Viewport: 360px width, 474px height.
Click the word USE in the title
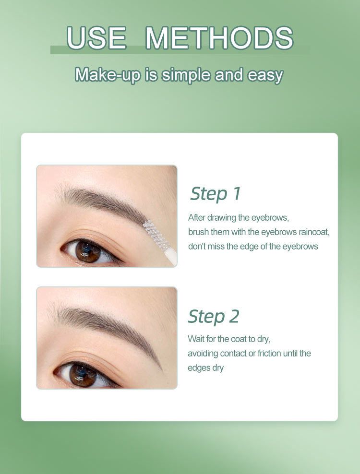pyautogui.click(x=96, y=38)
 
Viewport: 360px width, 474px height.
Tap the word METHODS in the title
pyautogui.click(x=219, y=38)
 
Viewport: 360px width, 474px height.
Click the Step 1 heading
pyautogui.click(x=215, y=193)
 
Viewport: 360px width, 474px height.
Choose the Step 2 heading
pyautogui.click(x=214, y=317)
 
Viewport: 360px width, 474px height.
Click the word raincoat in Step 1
pyautogui.click(x=314, y=232)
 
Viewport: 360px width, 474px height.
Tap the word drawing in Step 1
pyautogui.click(x=222, y=218)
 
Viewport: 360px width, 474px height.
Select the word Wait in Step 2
pyautogui.click(x=196, y=339)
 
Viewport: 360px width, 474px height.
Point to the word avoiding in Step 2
pyautogui.click(x=203, y=354)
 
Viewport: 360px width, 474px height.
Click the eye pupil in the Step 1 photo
pyautogui.click(x=88, y=250)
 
